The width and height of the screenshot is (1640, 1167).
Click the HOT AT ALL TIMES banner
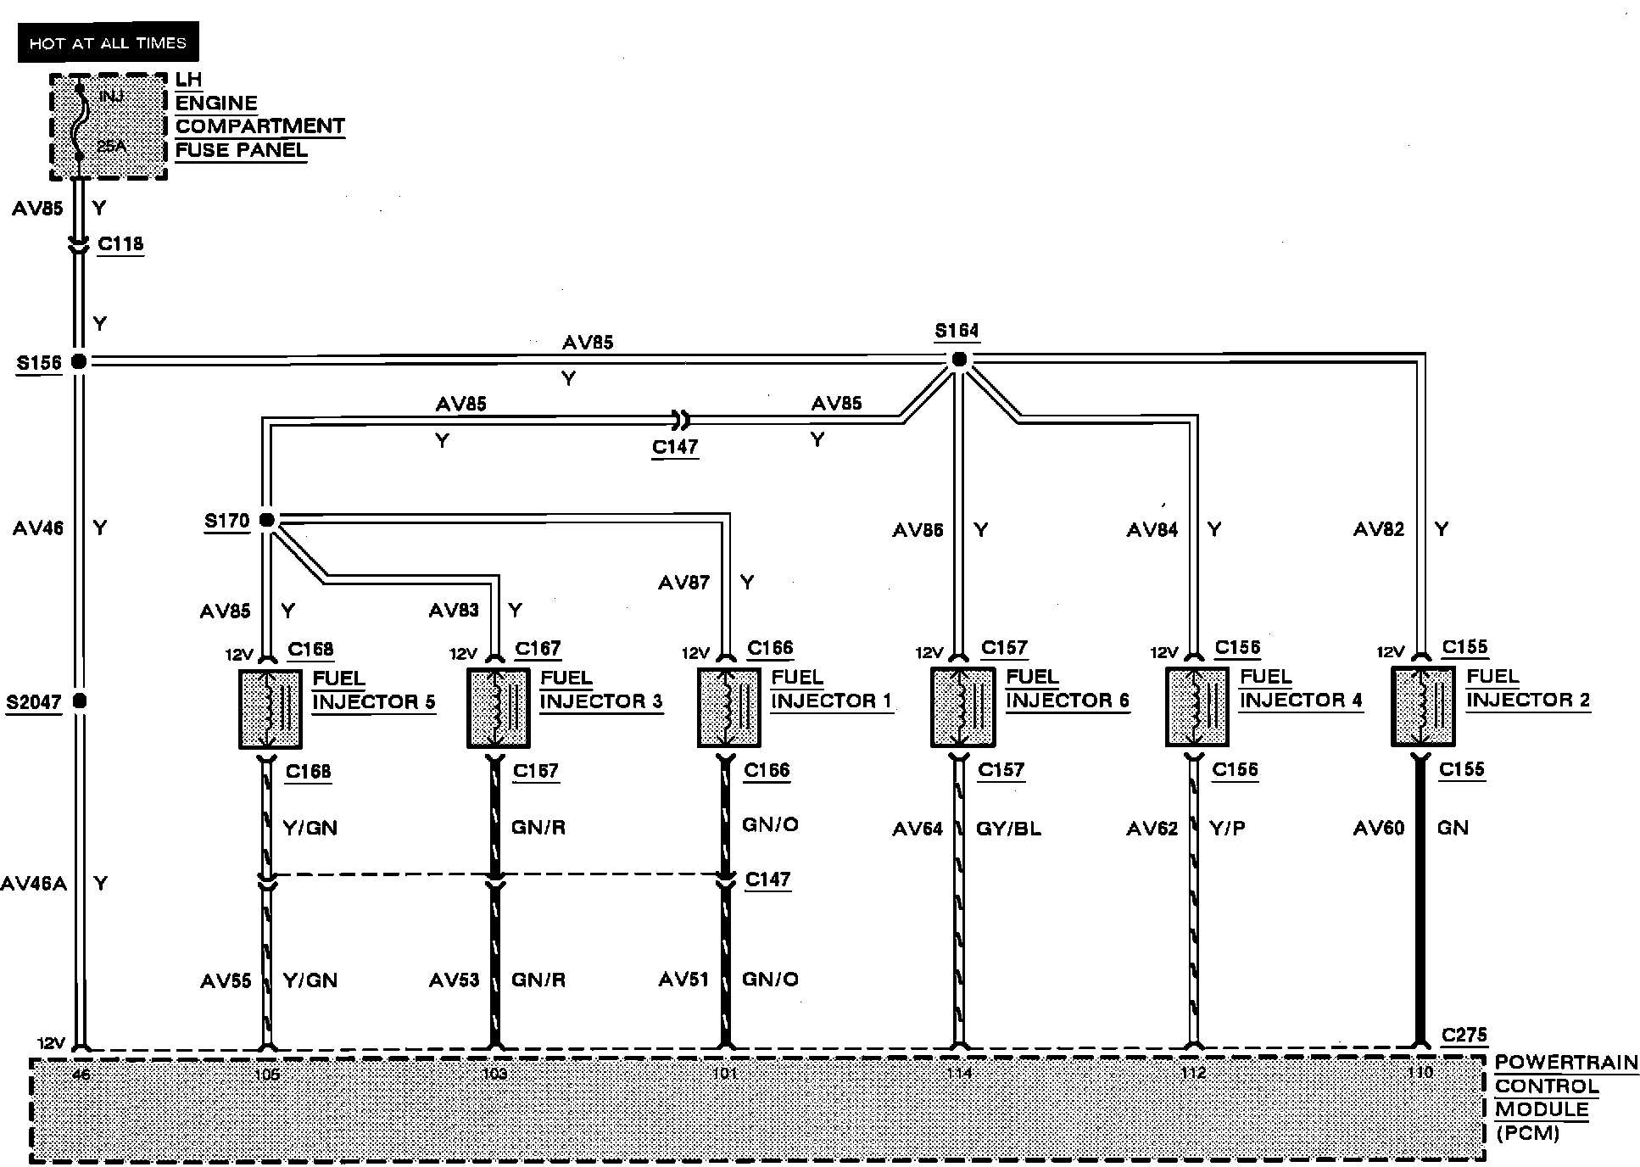point(108,42)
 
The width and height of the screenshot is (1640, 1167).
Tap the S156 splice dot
point(78,361)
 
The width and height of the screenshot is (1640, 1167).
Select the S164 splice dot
point(959,360)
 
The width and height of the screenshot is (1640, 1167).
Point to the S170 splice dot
point(266,520)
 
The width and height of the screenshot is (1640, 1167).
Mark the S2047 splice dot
point(79,701)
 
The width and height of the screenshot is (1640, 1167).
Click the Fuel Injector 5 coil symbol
point(271,709)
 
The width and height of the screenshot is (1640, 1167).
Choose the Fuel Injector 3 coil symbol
point(499,708)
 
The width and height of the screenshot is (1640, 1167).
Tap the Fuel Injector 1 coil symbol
point(728,707)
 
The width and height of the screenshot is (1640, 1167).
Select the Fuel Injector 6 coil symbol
point(962,706)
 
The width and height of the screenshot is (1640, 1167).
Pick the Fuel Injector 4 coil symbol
point(1197,706)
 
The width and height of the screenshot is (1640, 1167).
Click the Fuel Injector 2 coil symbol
point(1423,706)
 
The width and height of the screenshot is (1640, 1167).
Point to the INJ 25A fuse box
point(108,126)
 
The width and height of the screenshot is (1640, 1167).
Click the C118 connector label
point(120,244)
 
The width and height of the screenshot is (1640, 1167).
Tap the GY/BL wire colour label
point(1008,829)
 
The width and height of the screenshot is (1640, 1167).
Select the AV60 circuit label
point(1379,828)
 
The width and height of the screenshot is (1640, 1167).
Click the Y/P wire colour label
point(1227,829)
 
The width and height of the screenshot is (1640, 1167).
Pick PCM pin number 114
point(959,1073)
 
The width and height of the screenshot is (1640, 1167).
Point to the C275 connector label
point(1464,1036)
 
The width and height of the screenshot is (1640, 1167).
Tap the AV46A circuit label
point(33,884)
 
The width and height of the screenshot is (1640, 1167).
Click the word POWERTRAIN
point(1566,1063)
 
